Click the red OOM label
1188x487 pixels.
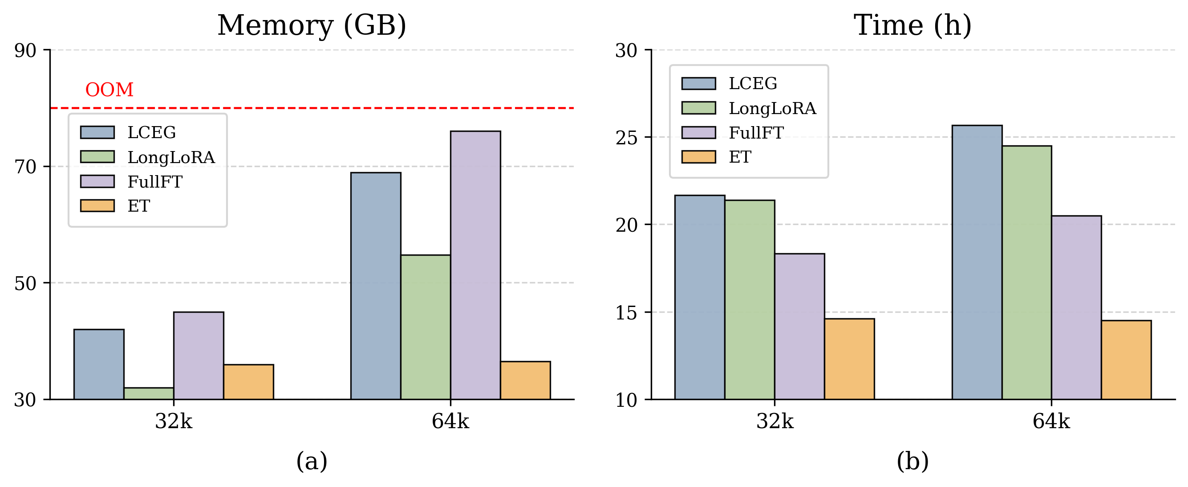109,90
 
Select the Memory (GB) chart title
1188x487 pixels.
312,25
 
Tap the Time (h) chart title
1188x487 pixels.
912,25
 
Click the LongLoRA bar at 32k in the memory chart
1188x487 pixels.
149,393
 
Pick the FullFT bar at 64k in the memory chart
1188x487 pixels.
475,266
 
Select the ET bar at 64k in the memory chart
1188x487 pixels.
525,381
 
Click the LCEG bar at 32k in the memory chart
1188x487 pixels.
99,364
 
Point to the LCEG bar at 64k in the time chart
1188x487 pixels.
977,262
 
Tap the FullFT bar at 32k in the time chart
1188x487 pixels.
799,326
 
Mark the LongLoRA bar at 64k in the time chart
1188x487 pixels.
1026,273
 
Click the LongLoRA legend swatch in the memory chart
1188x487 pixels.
97,156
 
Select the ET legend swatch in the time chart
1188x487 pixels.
699,157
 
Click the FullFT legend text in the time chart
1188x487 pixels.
756,133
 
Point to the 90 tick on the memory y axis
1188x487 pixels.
25,50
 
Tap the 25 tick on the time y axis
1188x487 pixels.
626,138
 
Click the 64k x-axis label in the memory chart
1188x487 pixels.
450,421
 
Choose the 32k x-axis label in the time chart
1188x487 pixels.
775,421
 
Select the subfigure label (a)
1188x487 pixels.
312,461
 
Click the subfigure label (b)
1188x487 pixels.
912,461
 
